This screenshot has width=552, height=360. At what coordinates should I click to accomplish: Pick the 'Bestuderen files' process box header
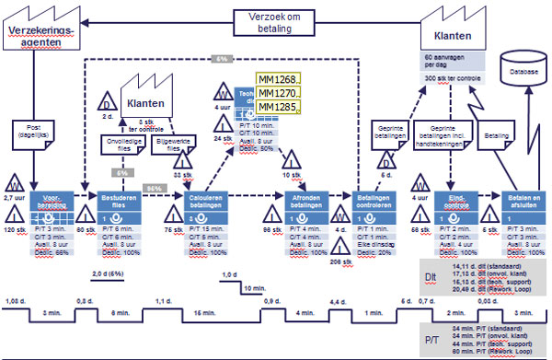tap(118, 199)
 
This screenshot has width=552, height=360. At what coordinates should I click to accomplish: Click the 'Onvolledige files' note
tap(118, 143)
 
